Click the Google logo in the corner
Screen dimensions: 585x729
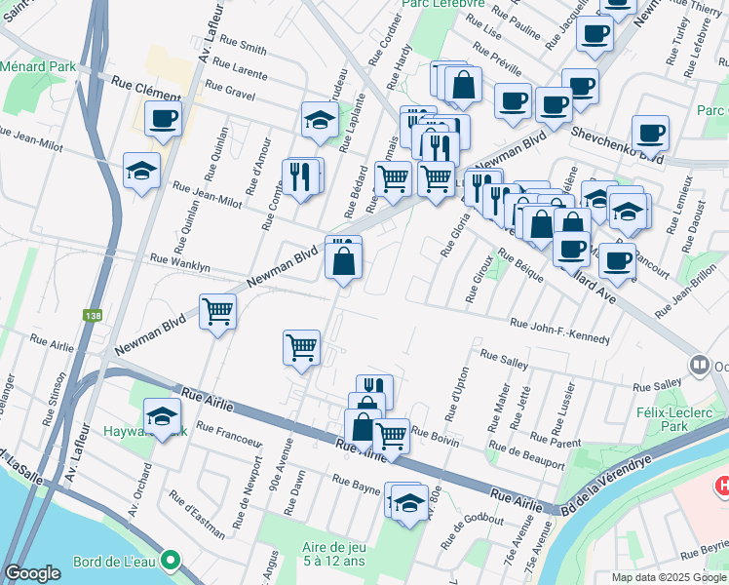point(32,573)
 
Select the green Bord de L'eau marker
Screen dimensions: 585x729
point(171,561)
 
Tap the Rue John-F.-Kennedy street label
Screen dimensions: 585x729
point(560,331)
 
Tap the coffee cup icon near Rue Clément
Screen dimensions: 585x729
point(164,119)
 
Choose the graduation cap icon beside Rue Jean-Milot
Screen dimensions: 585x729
point(142,171)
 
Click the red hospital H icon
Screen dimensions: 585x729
point(723,485)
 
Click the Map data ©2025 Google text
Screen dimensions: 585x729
point(669,577)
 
